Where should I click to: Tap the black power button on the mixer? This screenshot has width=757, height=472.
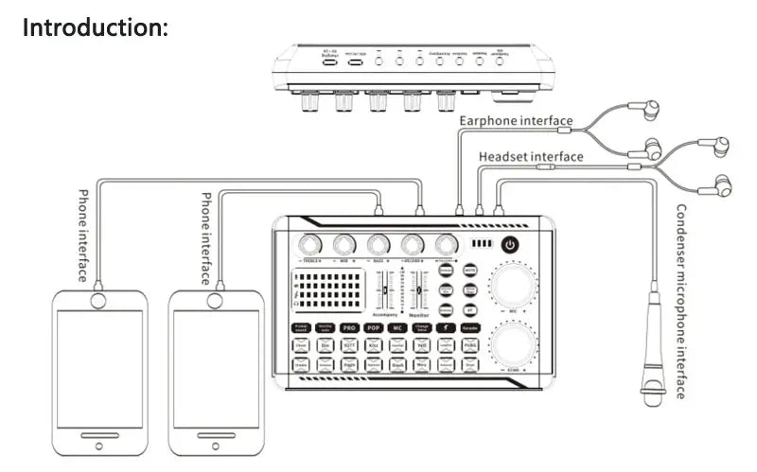(x=511, y=244)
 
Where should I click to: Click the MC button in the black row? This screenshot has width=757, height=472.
(x=396, y=327)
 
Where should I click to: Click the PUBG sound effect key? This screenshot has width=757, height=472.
(x=471, y=347)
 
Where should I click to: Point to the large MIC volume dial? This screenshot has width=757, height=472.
(x=512, y=282)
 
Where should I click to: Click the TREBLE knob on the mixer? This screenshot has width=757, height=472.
(x=308, y=243)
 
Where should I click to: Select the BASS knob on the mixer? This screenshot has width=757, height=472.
(x=378, y=243)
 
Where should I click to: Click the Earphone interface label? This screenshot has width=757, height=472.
(x=516, y=120)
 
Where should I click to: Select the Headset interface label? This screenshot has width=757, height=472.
(x=531, y=156)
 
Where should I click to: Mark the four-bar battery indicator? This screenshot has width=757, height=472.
(x=483, y=244)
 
